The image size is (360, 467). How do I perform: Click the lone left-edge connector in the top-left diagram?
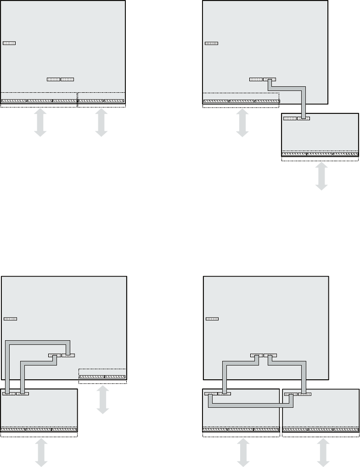pos(9,43)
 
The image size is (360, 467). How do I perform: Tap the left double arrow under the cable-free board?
pos(40,123)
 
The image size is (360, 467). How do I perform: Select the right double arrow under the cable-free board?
pos(101,123)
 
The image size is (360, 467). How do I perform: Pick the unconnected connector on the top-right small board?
pos(290,118)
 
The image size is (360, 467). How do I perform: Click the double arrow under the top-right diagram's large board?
pos(242,123)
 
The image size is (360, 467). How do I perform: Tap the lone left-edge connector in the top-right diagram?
pos(211,44)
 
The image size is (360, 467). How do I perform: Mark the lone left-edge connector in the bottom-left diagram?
pos(10,318)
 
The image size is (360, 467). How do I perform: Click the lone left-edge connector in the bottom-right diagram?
pos(212,318)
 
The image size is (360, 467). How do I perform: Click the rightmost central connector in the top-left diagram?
pos(67,79)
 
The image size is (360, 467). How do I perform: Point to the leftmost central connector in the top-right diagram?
pos(256,79)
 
